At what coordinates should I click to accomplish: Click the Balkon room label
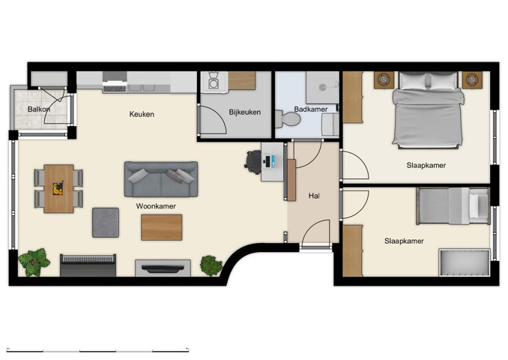pos(39,109)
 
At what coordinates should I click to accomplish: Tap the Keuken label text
pos(142,115)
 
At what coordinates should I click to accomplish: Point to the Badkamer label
pos(310,109)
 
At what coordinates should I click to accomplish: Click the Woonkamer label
pos(156,205)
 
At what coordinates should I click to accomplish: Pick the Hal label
pos(314,196)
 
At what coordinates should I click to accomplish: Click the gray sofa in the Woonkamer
pos(161,178)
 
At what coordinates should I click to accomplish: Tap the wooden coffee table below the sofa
pos(161,227)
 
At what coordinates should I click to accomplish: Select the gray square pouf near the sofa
pos(106,222)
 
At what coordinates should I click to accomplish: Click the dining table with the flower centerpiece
pos(58,189)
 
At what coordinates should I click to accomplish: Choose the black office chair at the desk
pos(253,160)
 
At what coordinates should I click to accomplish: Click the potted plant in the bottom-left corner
pos(31,262)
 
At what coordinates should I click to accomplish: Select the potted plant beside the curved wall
pos(211,265)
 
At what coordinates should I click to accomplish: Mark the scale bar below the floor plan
pos(97,350)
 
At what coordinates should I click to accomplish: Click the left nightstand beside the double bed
pos(384,79)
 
